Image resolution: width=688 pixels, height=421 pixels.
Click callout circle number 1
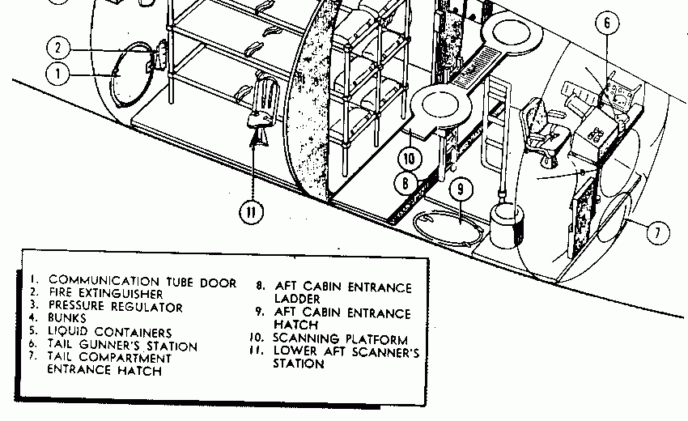coord(58,75)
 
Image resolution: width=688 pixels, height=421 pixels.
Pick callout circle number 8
coord(405,182)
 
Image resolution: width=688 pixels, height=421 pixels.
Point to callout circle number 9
coord(460,189)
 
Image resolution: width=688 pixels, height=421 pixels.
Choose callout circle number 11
coord(252,212)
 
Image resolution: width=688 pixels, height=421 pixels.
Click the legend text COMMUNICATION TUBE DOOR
coord(142,283)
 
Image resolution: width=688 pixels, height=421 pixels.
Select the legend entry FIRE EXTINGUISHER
coord(105,294)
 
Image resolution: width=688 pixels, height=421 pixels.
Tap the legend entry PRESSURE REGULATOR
coord(115,307)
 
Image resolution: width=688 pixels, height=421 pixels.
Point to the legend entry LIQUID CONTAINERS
coord(110,333)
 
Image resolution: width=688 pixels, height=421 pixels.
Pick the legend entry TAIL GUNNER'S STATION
coord(122,346)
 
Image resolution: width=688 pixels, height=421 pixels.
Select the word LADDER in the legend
coord(298,299)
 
